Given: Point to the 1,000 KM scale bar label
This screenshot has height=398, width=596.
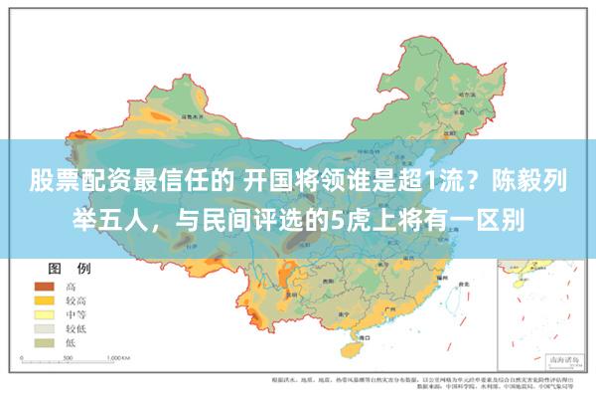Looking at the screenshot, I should (120, 355).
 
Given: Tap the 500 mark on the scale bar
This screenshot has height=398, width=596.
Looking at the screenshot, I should (75, 355).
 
